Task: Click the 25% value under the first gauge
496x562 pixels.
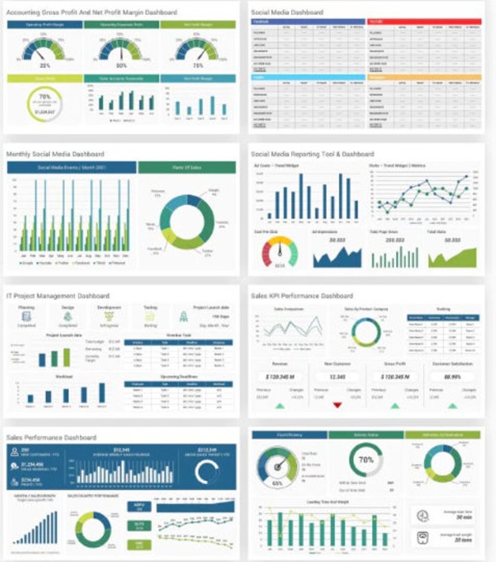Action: (45, 65)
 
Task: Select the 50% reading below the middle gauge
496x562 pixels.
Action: (121, 65)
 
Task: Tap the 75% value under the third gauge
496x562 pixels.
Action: (197, 65)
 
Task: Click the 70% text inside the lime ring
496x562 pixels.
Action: (45, 97)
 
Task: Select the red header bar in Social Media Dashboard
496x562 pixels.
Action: (424, 21)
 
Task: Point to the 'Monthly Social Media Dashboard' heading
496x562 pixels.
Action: (55, 154)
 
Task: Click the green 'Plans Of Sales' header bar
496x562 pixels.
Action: (187, 168)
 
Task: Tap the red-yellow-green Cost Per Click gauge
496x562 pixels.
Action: (279, 250)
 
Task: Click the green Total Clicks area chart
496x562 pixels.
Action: (452, 257)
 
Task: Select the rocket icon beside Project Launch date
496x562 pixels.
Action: (184, 317)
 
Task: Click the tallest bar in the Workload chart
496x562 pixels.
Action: (102, 393)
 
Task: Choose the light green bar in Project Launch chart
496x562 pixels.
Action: (66, 357)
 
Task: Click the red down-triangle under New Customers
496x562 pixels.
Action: (337, 405)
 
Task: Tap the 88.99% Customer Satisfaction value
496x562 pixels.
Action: (452, 377)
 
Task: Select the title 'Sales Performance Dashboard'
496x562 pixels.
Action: (51, 437)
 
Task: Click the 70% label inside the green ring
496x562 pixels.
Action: (365, 460)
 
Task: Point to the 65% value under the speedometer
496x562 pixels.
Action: (277, 483)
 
